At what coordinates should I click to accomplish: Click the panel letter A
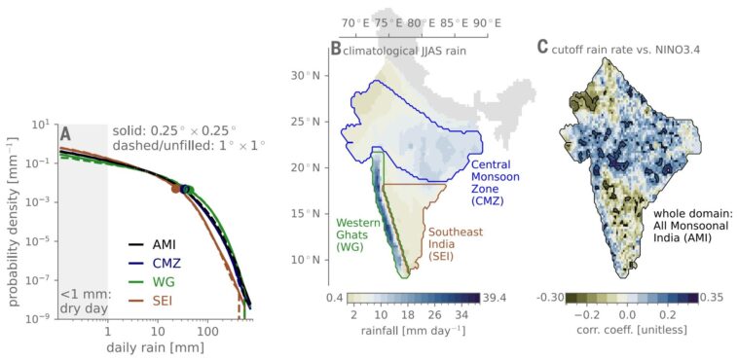(x=65, y=133)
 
